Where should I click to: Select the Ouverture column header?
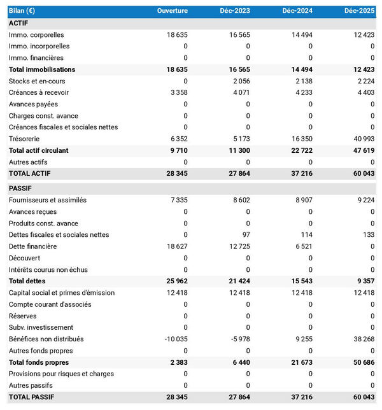pyautogui.click(x=173, y=11)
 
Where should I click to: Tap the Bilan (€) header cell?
pyautogui.click(x=22, y=11)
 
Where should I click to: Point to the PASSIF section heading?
pyautogui.click(x=20, y=188)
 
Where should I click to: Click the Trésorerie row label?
pyautogui.click(x=24, y=139)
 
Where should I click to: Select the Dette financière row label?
pyautogui.click(x=33, y=246)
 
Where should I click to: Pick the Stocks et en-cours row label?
pyautogui.click(x=37, y=81)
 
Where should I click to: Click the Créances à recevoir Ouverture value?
pyautogui.click(x=176, y=92)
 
